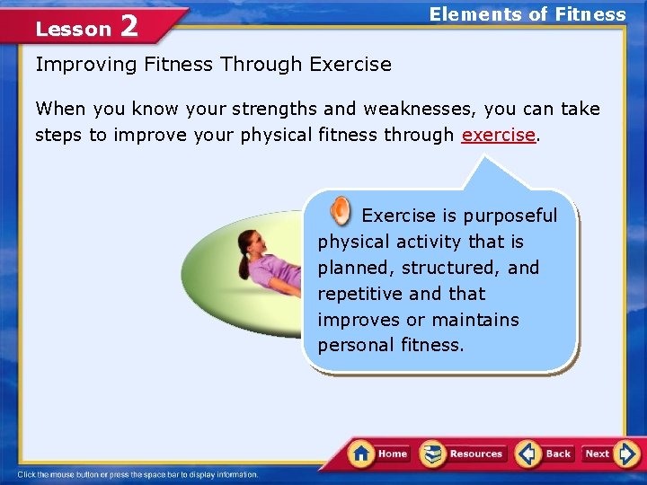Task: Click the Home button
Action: (379, 454)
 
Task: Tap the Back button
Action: (545, 454)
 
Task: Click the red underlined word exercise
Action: (498, 135)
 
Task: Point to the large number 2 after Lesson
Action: (129, 26)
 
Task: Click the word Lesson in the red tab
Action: (73, 29)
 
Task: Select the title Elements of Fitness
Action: (527, 14)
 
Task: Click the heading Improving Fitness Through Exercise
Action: (213, 65)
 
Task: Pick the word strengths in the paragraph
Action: (274, 109)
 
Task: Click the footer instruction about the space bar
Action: (137, 474)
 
